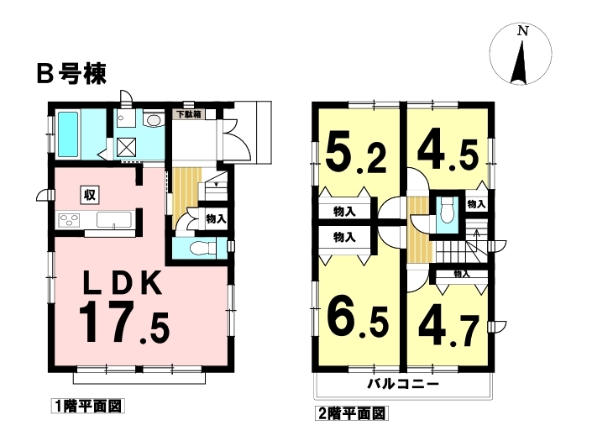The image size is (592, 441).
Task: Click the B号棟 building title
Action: pos(71,74)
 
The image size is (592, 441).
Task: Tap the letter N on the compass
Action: pos(523,31)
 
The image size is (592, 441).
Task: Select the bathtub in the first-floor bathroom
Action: pos(68,134)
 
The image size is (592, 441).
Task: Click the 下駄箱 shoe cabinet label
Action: pos(189,114)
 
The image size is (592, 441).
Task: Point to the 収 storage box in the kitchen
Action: pos(90,195)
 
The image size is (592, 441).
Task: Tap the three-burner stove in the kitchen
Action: pos(69,220)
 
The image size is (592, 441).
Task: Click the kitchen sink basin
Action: pos(114,220)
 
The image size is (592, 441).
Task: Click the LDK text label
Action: pos(123,284)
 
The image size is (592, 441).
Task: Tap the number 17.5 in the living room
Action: pos(124,323)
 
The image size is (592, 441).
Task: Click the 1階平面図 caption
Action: pos(88,407)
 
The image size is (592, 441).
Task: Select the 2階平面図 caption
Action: pos(352,413)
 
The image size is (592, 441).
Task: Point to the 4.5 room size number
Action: pos(448,153)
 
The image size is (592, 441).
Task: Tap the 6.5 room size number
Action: pos(358,321)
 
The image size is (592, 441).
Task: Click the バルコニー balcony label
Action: pos(404,385)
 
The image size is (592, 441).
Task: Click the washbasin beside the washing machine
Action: pos(153,120)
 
